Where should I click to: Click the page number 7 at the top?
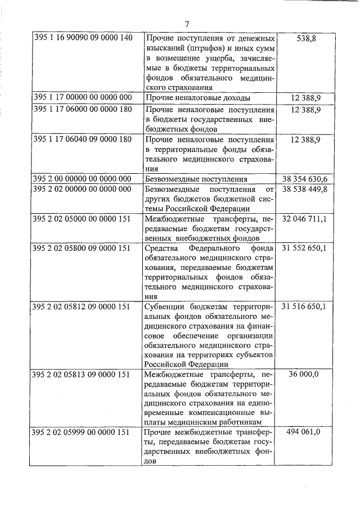point(188,24)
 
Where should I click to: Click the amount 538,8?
point(307,38)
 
